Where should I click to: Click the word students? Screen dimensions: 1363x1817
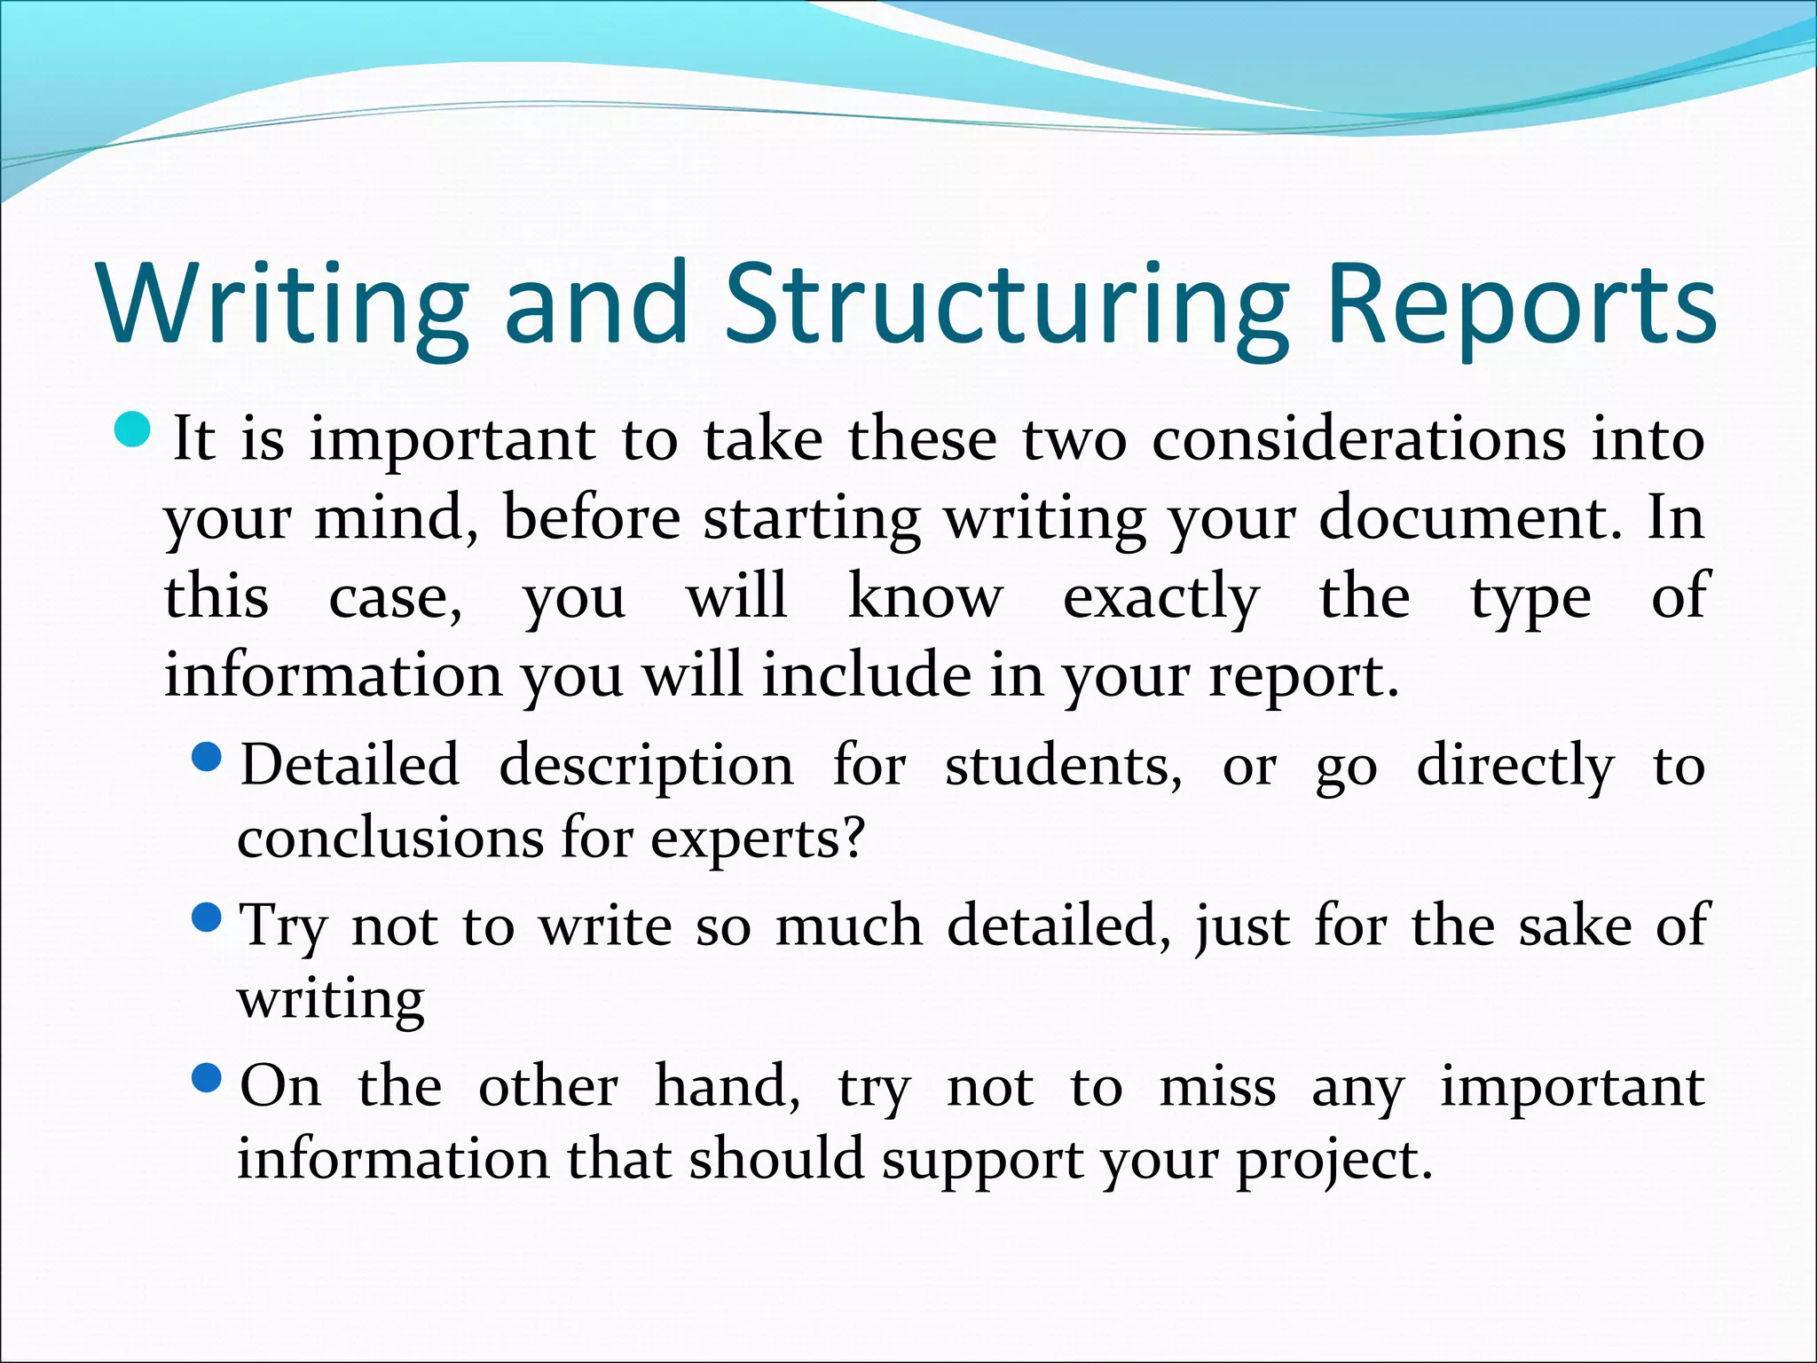(x=1062, y=765)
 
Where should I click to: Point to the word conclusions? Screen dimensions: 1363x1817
(x=389, y=838)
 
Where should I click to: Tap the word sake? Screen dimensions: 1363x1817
(x=1575, y=926)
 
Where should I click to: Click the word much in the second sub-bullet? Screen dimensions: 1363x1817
(x=848, y=926)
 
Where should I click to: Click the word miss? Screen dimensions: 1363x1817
(x=1217, y=1087)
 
